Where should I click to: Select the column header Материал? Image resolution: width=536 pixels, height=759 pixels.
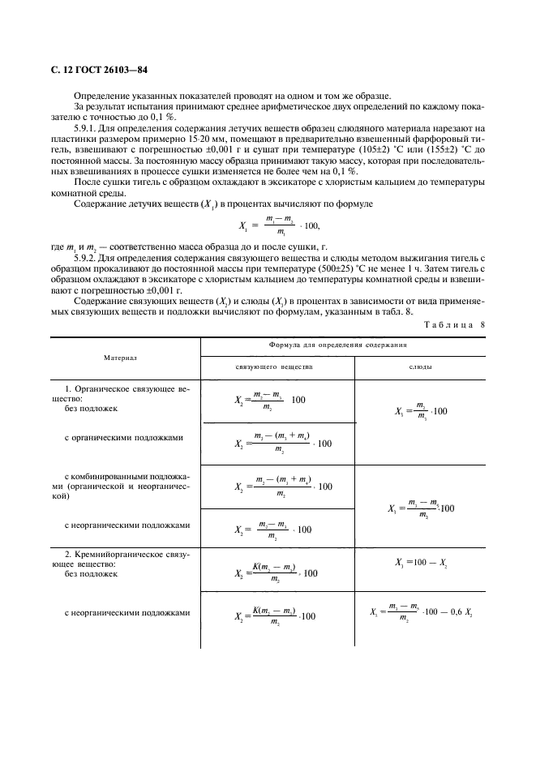pos(120,356)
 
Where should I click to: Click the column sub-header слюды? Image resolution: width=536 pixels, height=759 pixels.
pos(418,367)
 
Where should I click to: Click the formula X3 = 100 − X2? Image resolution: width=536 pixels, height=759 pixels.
pos(420,562)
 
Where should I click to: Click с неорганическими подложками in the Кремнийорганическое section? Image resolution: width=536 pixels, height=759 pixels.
pos(127,613)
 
